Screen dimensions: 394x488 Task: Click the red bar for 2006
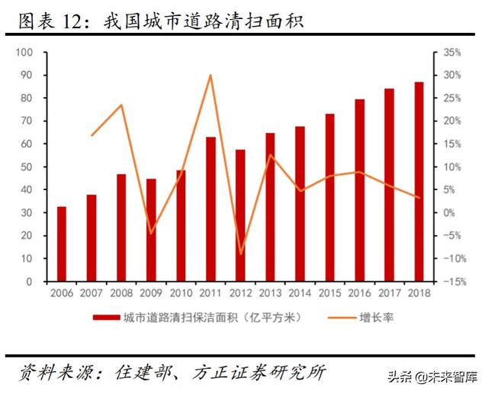coord(62,244)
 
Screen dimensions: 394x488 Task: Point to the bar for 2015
coord(329,198)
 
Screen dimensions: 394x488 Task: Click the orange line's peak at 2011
coord(210,75)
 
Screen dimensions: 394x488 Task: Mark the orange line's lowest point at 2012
coord(240,254)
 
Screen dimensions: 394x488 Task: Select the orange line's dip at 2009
coord(151,233)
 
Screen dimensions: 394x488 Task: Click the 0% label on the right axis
coord(449,213)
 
